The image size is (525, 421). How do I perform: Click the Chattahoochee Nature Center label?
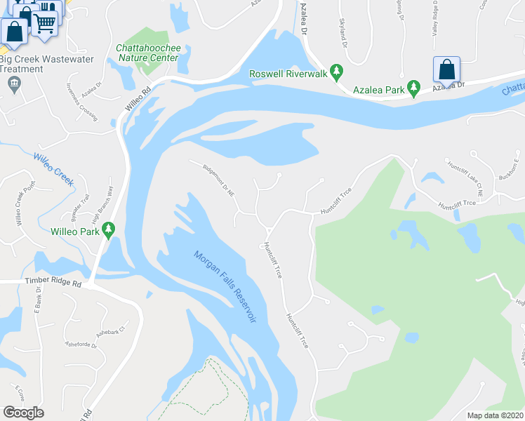point(148,53)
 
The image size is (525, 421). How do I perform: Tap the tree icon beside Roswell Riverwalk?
point(337,71)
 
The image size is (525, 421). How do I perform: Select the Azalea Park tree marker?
point(414,88)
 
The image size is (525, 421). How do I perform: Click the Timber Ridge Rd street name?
point(53,284)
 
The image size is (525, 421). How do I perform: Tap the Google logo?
point(23,413)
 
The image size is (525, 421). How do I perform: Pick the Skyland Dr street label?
point(344,32)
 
